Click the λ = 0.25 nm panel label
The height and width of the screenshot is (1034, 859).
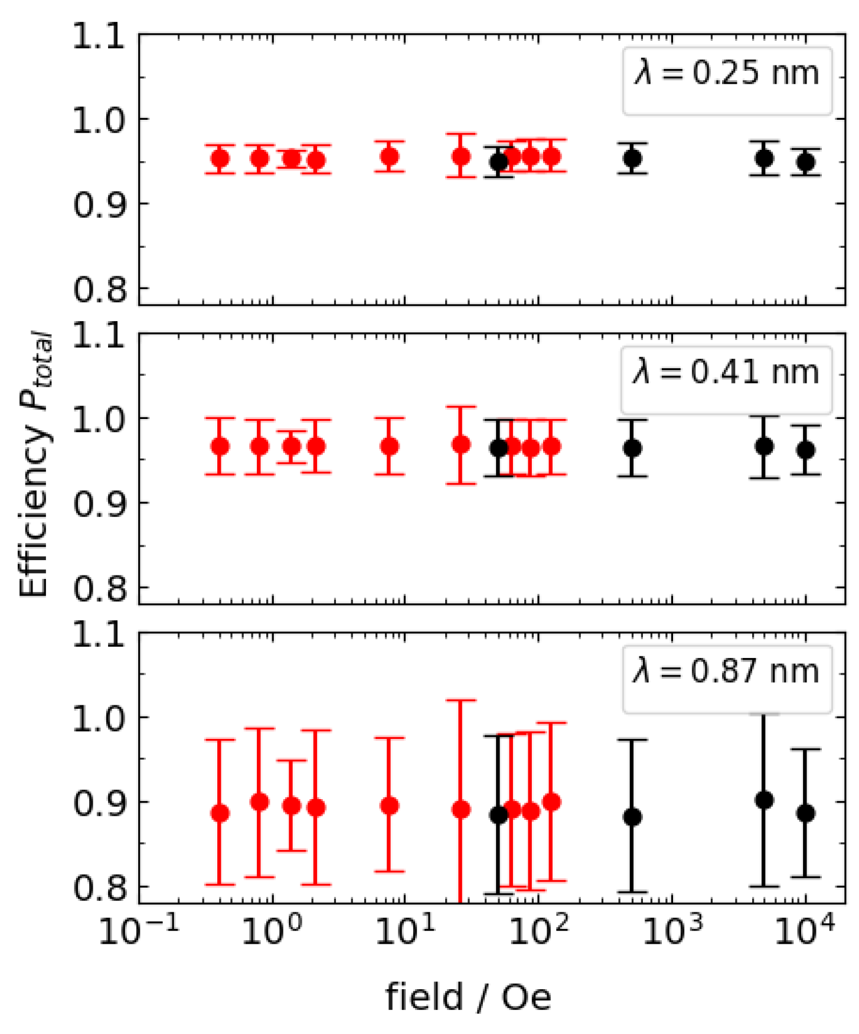[x=727, y=74]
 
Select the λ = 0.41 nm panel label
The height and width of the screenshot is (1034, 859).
[x=726, y=373]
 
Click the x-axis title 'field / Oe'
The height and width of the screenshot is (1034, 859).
[x=468, y=998]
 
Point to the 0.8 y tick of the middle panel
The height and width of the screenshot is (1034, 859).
[x=99, y=588]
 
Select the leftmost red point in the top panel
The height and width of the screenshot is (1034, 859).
[x=220, y=159]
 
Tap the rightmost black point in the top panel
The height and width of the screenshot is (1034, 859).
[x=806, y=162]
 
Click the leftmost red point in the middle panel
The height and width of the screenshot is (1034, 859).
[x=220, y=446]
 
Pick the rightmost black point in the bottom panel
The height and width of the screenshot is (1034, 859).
[x=806, y=813]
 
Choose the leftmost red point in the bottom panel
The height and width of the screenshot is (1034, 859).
[x=220, y=813]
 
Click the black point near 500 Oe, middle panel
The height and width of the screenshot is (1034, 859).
[x=632, y=449]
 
